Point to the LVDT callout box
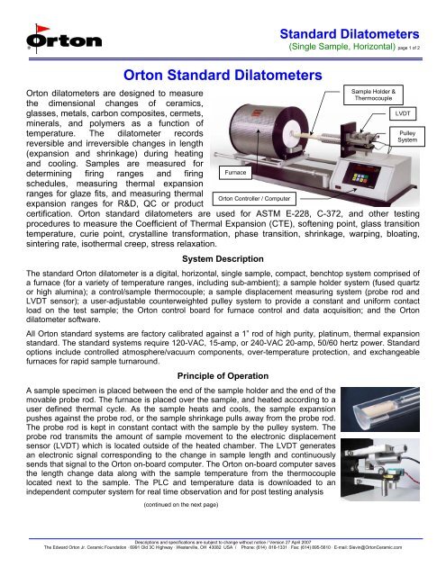point(402,115)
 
